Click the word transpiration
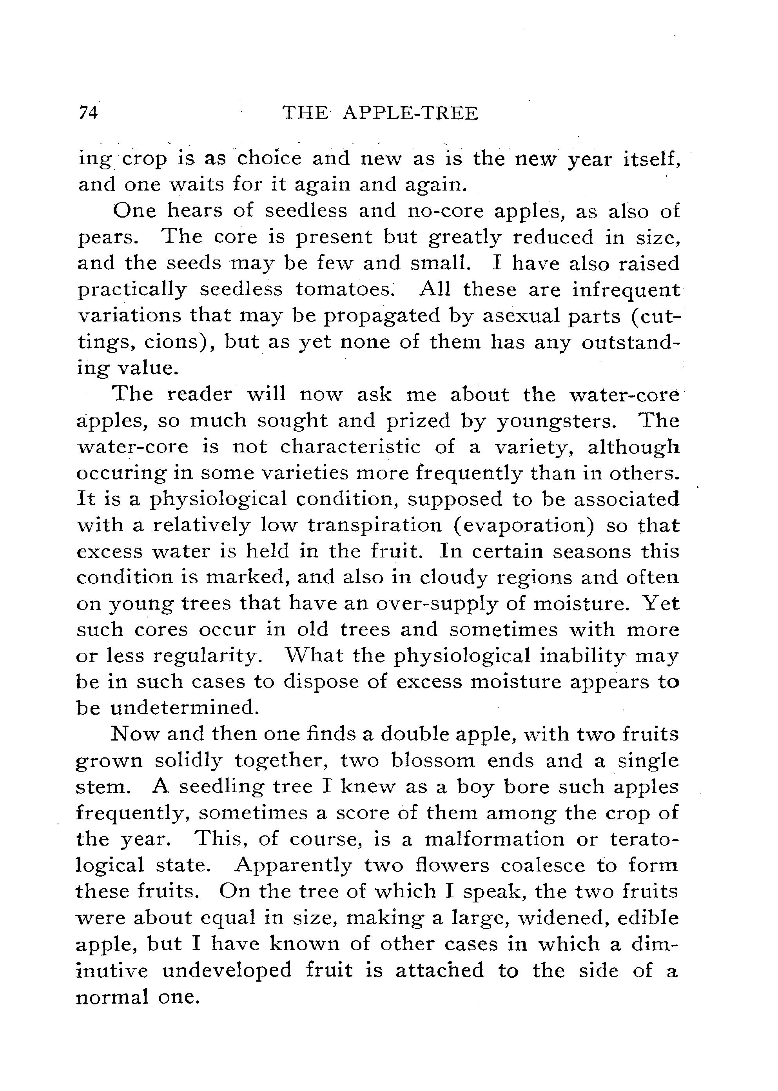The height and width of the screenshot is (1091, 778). (375, 525)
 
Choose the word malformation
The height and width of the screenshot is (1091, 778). (494, 839)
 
